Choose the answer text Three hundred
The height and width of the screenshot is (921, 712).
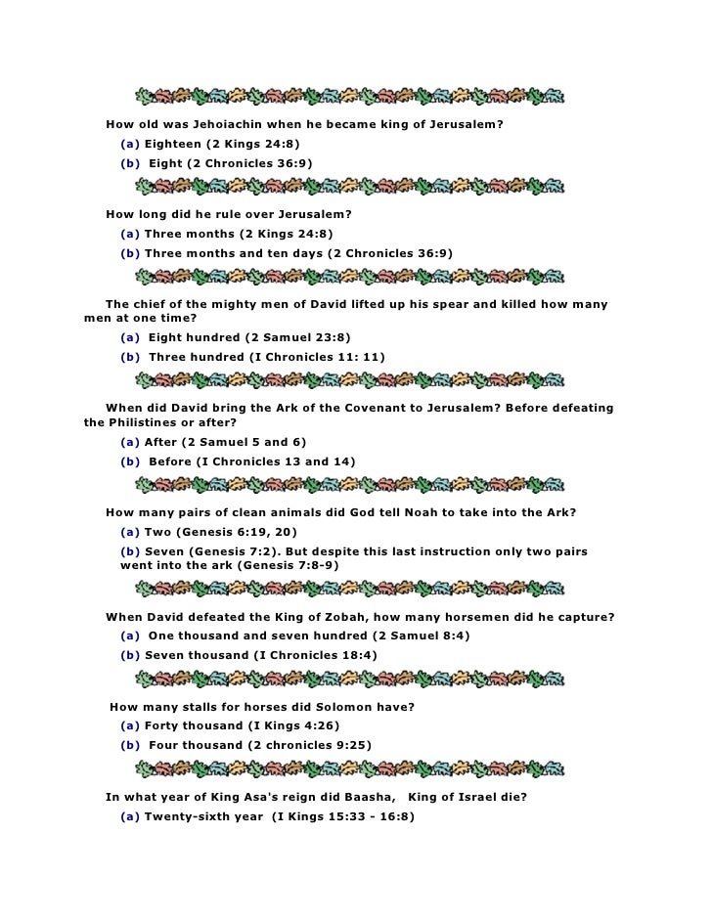click(196, 357)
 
